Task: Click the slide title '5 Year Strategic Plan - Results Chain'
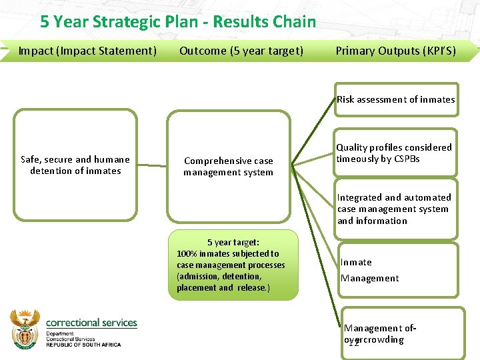(178, 21)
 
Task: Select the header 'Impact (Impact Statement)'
(87, 51)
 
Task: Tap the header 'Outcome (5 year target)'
(241, 51)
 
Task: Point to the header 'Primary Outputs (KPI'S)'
(396, 51)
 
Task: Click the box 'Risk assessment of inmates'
(396, 100)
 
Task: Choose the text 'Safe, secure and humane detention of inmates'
(75, 165)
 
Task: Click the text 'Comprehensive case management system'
(229, 167)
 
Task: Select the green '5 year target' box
(233, 265)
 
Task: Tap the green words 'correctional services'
(91, 323)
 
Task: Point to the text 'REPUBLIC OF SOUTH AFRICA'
(83, 345)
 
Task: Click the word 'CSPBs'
(406, 159)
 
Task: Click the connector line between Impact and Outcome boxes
(152, 165)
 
